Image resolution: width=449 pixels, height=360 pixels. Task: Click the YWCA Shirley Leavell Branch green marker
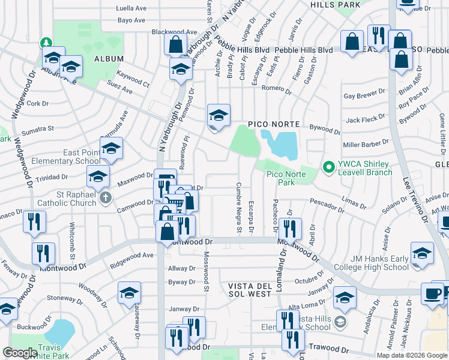pyautogui.click(x=328, y=166)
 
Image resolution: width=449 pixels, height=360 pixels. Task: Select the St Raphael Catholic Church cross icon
pyautogui.click(x=106, y=198)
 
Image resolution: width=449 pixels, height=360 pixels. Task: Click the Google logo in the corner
pyautogui.click(x=20, y=353)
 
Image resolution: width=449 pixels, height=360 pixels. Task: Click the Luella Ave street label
pyautogui.click(x=131, y=8)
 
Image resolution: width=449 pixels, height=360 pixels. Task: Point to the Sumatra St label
pyautogui.click(x=38, y=128)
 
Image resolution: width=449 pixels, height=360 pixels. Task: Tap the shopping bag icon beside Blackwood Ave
pyautogui.click(x=175, y=44)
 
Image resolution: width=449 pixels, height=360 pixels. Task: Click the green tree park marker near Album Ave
pyautogui.click(x=46, y=43)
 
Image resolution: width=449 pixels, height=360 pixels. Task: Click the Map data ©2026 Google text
pyautogui.click(x=411, y=355)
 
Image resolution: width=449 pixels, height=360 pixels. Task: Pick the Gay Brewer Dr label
pyautogui.click(x=364, y=96)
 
